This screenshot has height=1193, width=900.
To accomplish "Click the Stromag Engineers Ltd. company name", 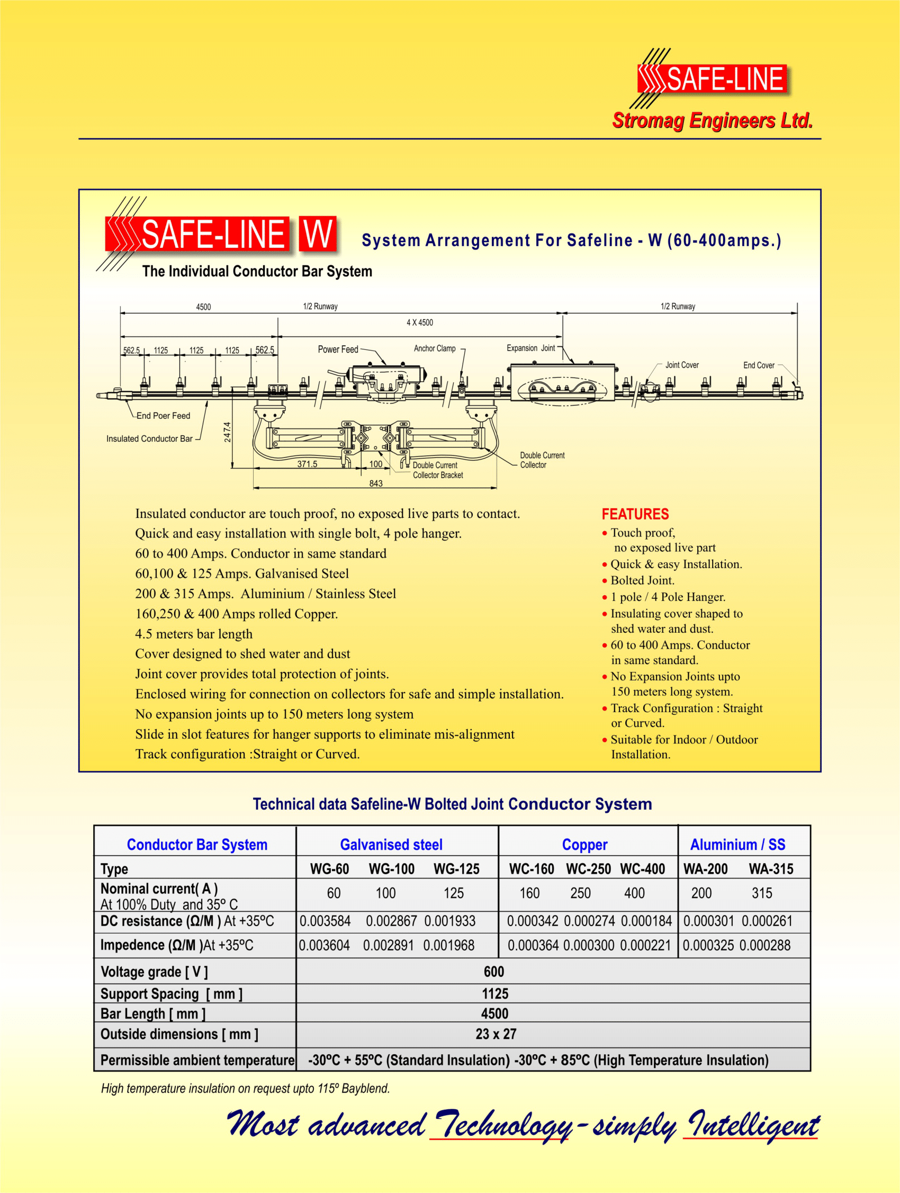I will pyautogui.click(x=712, y=120).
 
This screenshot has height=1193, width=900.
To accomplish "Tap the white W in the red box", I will pyautogui.click(x=318, y=235).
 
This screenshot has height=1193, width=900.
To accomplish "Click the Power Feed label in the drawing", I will pyautogui.click(x=338, y=349).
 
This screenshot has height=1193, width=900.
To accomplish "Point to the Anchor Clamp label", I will pyautogui.click(x=435, y=348).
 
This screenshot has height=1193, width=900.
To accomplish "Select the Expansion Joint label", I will pyautogui.click(x=530, y=348).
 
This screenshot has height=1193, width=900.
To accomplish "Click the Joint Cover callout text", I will pyautogui.click(x=681, y=365).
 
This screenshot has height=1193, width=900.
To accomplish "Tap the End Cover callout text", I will pyautogui.click(x=758, y=366).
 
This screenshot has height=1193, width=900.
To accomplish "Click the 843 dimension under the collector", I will pyautogui.click(x=376, y=483).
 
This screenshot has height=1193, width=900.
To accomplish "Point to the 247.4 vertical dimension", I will pyautogui.click(x=228, y=432).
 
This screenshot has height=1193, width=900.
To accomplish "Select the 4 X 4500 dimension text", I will pyautogui.click(x=419, y=322).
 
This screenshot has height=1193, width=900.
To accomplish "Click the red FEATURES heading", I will pyautogui.click(x=635, y=514).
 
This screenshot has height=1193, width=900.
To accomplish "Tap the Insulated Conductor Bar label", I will pyautogui.click(x=149, y=439).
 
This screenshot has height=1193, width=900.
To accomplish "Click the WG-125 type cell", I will pyautogui.click(x=456, y=869).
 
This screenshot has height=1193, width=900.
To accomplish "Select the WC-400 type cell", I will pyautogui.click(x=642, y=869).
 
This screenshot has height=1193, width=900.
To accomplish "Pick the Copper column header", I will pyautogui.click(x=584, y=845).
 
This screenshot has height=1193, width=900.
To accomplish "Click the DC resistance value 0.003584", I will pyautogui.click(x=325, y=921).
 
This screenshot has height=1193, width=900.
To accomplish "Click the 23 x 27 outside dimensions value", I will pyautogui.click(x=496, y=1034).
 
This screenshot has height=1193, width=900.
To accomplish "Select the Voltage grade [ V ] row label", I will pyautogui.click(x=154, y=972).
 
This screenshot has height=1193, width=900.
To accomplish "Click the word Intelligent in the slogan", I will pyautogui.click(x=753, y=1126).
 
